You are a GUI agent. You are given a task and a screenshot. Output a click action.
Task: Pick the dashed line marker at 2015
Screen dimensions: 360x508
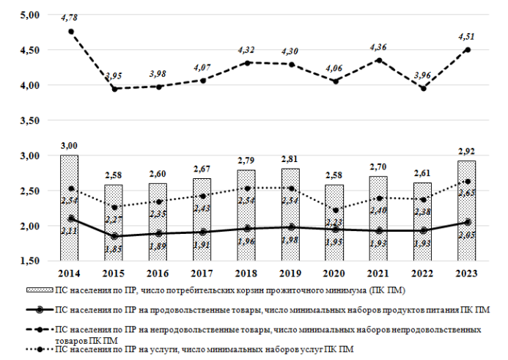click(x=114, y=89)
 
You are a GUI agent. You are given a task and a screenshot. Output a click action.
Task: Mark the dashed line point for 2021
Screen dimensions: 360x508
click(x=379, y=60)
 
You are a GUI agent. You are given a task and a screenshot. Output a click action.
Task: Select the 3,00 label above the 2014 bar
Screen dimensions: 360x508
click(x=70, y=146)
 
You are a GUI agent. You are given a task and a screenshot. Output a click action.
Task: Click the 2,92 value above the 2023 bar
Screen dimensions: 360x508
click(x=468, y=152)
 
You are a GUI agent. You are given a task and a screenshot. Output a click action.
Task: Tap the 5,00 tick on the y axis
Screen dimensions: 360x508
click(x=31, y=15)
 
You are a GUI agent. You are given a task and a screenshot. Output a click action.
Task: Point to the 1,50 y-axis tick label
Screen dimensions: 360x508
click(x=31, y=261)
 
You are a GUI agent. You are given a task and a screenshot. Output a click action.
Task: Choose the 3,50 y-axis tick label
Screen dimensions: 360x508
click(x=31, y=120)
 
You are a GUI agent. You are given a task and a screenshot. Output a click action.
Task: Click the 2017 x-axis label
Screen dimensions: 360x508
click(x=202, y=273)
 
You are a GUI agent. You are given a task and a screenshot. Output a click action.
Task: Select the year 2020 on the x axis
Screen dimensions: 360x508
click(x=335, y=273)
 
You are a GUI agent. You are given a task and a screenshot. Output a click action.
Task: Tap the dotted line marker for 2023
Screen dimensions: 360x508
click(x=468, y=182)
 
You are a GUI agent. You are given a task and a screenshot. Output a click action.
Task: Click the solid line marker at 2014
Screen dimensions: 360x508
click(x=70, y=218)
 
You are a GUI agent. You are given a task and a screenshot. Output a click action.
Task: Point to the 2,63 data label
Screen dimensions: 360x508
click(x=468, y=192)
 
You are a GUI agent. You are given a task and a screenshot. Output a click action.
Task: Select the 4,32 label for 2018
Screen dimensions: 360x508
click(x=246, y=50)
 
